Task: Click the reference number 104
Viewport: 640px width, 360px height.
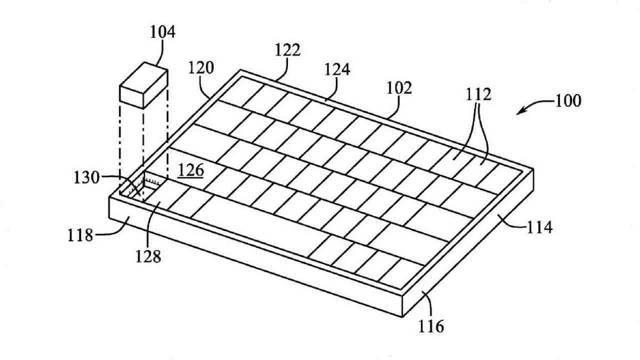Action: [162, 33]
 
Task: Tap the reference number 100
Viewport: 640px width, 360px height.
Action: [568, 101]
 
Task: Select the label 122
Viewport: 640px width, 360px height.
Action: [288, 51]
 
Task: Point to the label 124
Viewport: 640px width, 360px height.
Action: [337, 70]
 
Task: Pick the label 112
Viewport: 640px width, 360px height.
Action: [478, 95]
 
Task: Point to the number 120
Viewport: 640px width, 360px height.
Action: [201, 68]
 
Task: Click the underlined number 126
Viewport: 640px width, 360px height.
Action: [190, 170]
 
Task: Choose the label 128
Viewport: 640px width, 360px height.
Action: [148, 257]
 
